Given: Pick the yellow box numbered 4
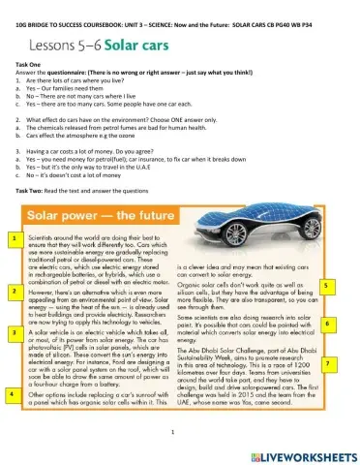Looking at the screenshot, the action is pyautogui.click(x=11, y=395).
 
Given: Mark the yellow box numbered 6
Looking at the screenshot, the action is pyautogui.click(x=328, y=324).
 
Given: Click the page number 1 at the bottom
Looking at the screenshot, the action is pyautogui.click(x=170, y=433).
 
